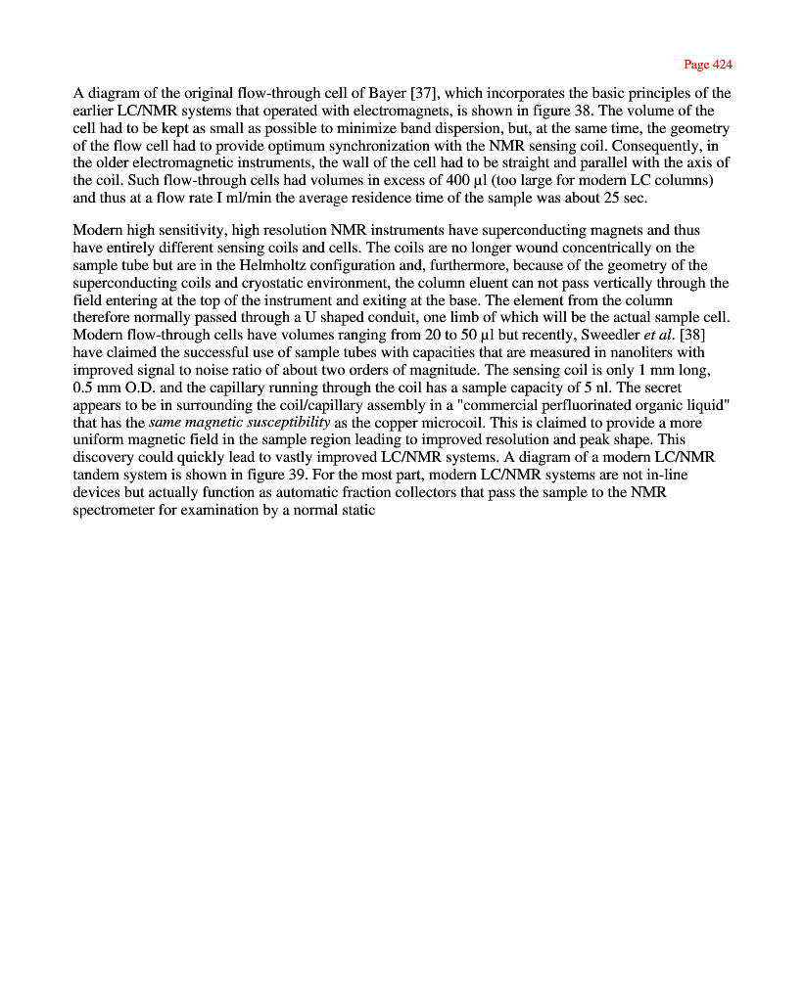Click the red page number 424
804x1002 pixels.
coord(720,65)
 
